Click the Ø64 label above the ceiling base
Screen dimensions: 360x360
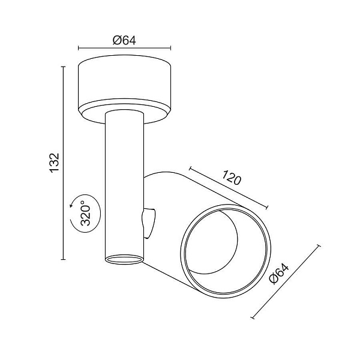pos(125,41)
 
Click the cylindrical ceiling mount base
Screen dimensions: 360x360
pos(125,84)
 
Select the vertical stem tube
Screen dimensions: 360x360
pos(124,180)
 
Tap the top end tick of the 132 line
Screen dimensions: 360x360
pos(63,67)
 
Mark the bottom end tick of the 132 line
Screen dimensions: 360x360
pos(63,260)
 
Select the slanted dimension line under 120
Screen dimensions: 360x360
pos(228,189)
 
